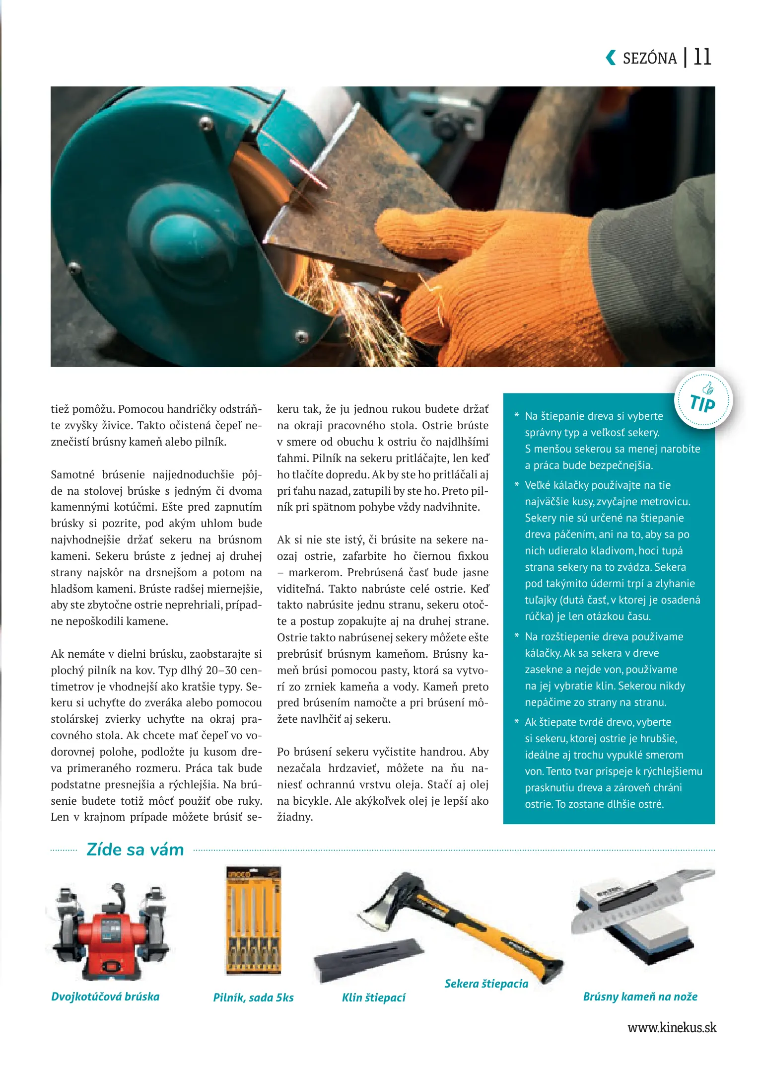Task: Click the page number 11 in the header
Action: coord(702,57)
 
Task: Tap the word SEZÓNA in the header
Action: coord(649,59)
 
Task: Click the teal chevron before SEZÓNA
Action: coord(610,58)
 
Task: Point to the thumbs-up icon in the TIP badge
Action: coord(708,388)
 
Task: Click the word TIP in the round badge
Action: coord(702,404)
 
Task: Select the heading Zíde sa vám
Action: coord(135,850)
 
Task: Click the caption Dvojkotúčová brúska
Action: coord(105,996)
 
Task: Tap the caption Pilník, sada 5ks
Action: coord(253,997)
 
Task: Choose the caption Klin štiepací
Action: coord(373,997)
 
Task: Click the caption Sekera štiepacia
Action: coord(486,984)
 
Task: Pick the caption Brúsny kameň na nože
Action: coord(640,996)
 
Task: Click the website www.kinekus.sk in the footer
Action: coord(672,1027)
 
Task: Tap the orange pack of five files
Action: coord(254,920)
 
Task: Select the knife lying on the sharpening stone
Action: coord(640,904)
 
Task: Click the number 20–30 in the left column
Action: coord(223,670)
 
